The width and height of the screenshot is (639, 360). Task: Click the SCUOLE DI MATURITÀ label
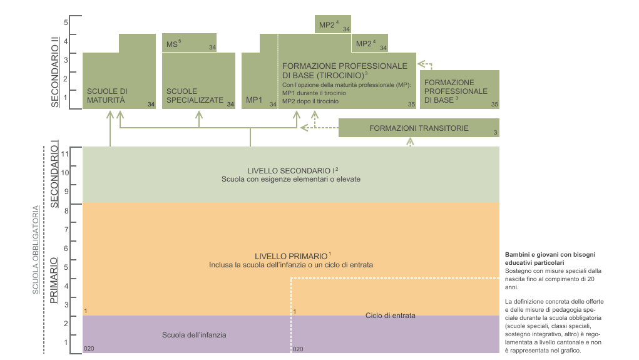click(x=107, y=96)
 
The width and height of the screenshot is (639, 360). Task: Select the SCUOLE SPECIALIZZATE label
click(x=195, y=96)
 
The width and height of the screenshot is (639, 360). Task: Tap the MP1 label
click(x=254, y=100)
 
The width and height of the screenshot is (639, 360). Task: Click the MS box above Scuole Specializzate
click(x=189, y=43)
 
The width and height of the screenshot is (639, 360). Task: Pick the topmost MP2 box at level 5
click(x=332, y=24)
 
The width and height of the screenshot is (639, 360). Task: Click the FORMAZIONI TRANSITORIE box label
click(x=419, y=128)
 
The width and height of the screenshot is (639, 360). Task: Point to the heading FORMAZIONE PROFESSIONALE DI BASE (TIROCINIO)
click(x=345, y=71)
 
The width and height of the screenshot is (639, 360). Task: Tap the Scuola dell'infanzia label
click(x=194, y=335)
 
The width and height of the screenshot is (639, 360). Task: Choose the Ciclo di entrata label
click(x=391, y=316)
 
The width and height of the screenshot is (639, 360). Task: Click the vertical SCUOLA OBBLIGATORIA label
click(x=36, y=250)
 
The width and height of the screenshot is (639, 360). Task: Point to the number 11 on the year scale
click(x=65, y=153)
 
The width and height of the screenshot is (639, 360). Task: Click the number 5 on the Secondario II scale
click(x=66, y=23)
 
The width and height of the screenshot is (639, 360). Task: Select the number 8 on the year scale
click(x=66, y=211)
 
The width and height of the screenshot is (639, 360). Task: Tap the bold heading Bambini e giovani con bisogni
click(x=550, y=255)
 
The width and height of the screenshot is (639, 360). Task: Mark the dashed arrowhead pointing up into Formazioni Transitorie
click(x=411, y=141)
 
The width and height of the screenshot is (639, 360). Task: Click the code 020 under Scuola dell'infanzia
click(x=89, y=349)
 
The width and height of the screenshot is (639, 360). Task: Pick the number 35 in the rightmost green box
click(x=494, y=105)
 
